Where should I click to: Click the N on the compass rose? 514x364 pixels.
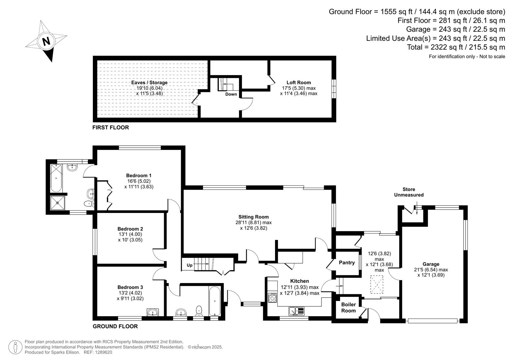point(46,41)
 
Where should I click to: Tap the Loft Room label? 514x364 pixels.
point(299,83)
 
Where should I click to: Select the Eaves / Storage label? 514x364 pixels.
point(149,83)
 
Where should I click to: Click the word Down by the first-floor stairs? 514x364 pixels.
point(231,94)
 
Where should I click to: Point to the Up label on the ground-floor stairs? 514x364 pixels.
point(190,265)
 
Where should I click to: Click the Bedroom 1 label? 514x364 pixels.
point(139,175)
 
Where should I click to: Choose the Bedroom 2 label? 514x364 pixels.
point(130,229)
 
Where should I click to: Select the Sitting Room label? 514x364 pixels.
point(253,217)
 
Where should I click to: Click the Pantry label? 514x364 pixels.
point(347,263)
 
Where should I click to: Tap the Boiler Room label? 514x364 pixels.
point(348,307)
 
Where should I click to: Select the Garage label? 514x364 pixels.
point(431,264)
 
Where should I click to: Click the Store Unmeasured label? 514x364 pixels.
point(409,192)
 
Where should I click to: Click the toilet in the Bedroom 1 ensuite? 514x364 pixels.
point(89,204)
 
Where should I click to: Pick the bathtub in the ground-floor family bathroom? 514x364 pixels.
point(215,301)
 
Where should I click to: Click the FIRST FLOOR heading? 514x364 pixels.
point(110,127)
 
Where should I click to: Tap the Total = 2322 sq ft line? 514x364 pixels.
point(456,47)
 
